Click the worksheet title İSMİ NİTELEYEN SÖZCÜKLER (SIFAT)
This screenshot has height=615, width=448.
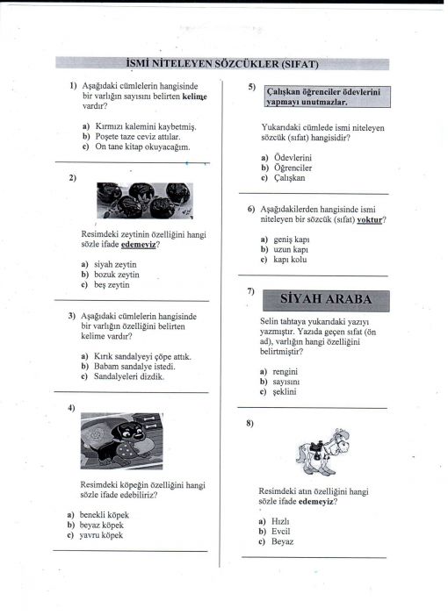(x=222, y=64)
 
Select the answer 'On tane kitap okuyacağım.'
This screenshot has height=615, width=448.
(x=142, y=147)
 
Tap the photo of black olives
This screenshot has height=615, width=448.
(x=145, y=200)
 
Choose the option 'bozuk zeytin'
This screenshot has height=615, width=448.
(x=117, y=275)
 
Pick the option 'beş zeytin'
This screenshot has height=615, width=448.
(x=112, y=285)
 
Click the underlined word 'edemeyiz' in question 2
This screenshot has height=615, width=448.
(x=138, y=245)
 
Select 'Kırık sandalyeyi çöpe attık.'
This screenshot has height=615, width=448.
(x=142, y=356)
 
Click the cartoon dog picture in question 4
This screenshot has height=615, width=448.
(x=122, y=441)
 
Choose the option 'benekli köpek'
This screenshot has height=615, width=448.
(x=104, y=515)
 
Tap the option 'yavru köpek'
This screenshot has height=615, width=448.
(x=101, y=535)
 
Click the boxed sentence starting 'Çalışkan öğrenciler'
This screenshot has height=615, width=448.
(x=327, y=97)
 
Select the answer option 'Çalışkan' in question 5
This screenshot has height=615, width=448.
(x=289, y=178)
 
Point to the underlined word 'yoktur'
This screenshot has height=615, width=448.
(x=369, y=219)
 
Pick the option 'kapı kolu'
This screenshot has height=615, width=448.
(x=290, y=260)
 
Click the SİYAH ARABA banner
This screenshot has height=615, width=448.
(x=326, y=300)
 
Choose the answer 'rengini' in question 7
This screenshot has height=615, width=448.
(x=285, y=371)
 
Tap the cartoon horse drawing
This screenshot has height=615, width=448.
(x=323, y=452)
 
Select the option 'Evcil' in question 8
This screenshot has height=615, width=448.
(x=281, y=532)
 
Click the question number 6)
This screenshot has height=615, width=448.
(x=251, y=209)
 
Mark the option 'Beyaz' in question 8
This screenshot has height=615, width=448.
(x=282, y=541)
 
